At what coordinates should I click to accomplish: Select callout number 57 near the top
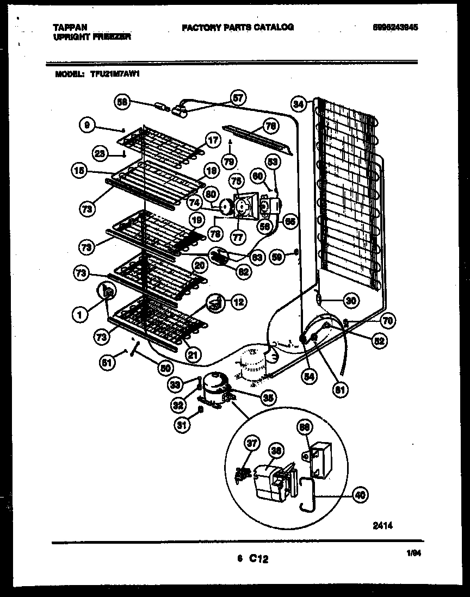coord(238,98)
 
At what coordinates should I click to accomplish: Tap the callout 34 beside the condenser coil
coord(298,103)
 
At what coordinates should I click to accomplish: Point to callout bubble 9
coord(86,126)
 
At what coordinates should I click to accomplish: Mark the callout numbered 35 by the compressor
coord(267,398)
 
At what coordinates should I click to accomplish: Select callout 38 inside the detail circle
coord(276,450)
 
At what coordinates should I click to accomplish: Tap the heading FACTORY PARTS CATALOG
coord(238,27)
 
